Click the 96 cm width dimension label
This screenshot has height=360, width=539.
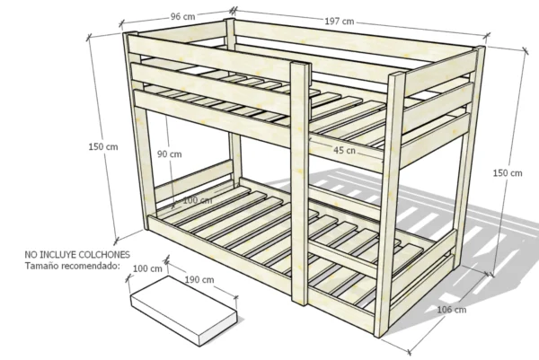(182, 16)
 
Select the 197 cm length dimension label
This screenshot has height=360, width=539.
(340, 22)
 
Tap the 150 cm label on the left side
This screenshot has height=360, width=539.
(103, 146)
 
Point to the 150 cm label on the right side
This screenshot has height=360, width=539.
(508, 172)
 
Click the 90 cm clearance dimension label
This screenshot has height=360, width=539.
(170, 154)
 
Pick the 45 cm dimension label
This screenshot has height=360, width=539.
(344, 150)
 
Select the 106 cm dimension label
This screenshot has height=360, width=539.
(452, 310)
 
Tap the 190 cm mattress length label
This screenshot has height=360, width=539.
(199, 279)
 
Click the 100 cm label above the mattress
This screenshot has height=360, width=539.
(147, 268)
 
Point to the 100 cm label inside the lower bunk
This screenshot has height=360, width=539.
(198, 200)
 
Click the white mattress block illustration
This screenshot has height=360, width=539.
(184, 310)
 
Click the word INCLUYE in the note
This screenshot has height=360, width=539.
(58, 255)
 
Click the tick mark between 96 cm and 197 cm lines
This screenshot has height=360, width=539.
(234, 11)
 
